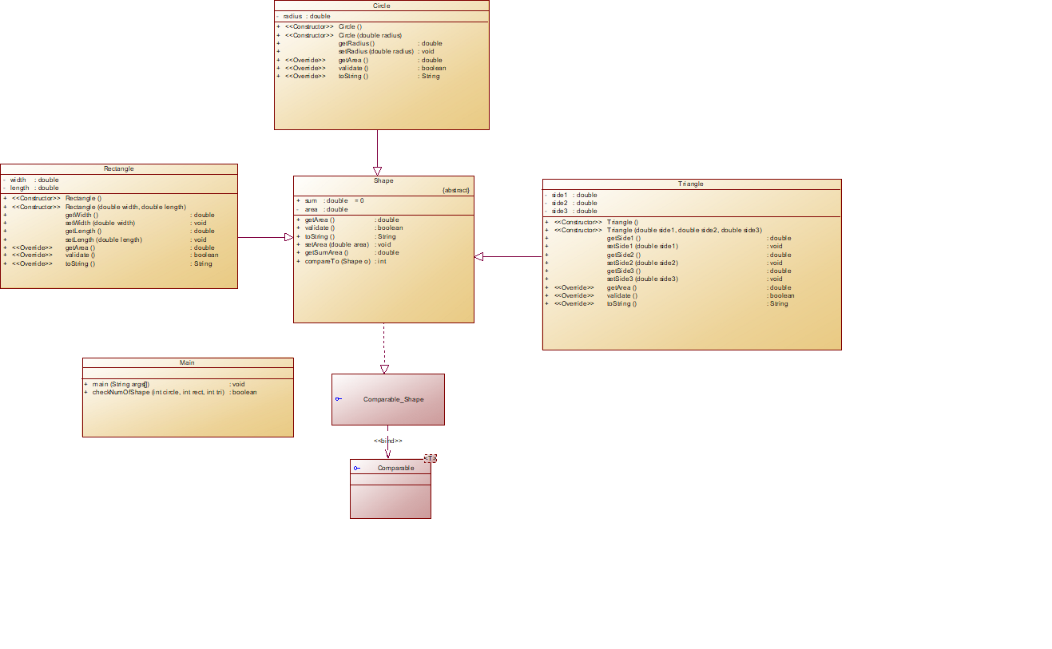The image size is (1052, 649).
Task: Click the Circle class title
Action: pos(381,6)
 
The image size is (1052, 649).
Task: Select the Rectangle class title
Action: pos(119,168)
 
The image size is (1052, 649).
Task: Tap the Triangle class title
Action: pos(691,184)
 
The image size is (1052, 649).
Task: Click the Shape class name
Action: pos(383,180)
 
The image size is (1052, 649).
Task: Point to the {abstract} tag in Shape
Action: pos(456,191)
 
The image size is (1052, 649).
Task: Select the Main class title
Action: pos(187,362)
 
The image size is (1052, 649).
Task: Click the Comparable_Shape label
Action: pos(393,399)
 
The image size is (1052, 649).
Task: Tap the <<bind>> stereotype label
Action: pos(388,441)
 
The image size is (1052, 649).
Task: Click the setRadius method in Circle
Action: pos(375,52)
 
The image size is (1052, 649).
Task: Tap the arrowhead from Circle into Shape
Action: pos(377,170)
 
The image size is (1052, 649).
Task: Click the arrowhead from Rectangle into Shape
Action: pos(289,237)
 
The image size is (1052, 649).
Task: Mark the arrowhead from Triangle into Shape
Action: pos(479,256)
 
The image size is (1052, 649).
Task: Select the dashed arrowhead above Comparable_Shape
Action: pos(384,369)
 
